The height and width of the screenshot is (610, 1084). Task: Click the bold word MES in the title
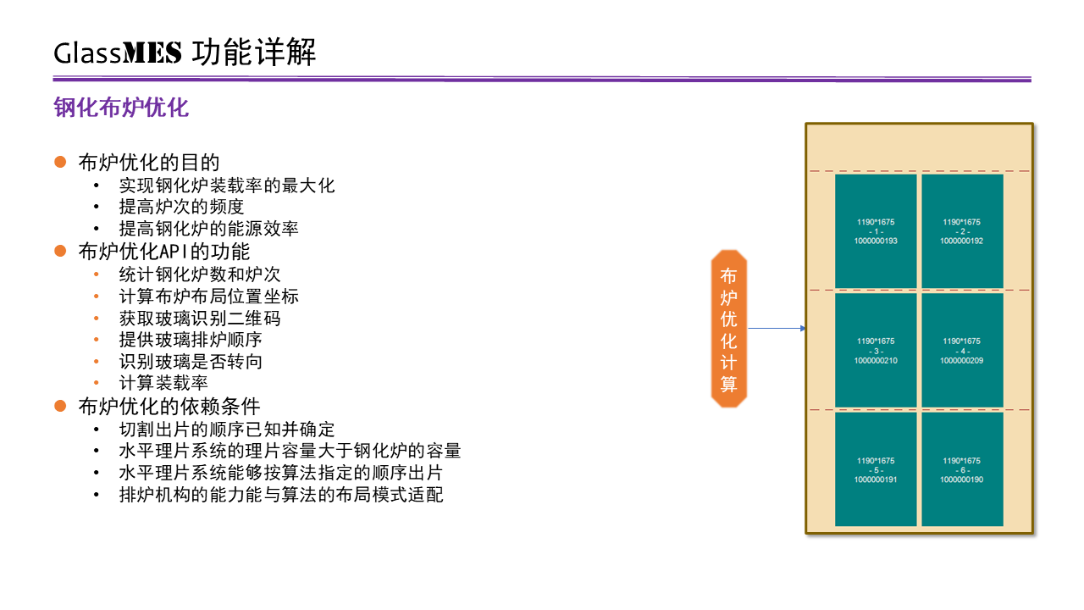[152, 53]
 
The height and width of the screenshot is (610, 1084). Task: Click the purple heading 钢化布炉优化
[121, 108]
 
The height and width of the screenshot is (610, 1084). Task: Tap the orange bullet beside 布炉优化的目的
[60, 162]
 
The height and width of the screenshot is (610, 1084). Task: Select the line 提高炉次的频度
[181, 207]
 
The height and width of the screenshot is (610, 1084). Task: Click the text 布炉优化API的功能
[164, 252]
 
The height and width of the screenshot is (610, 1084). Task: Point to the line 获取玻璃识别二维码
[200, 319]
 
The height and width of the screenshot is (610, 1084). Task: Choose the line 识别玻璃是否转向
[191, 362]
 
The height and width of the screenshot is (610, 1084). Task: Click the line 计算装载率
[163, 383]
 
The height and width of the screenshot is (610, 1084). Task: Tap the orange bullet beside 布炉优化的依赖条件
[60, 406]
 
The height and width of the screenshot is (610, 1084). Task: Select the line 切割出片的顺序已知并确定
[227, 430]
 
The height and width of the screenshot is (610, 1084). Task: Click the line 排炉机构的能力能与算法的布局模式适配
[281, 495]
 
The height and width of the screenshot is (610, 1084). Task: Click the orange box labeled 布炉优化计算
[729, 329]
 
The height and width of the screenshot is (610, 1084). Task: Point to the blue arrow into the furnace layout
[777, 328]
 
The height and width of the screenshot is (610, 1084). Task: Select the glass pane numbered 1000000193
[876, 231]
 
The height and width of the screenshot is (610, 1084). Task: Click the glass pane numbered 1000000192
[962, 231]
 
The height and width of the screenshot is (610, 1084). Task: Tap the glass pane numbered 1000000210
[876, 351]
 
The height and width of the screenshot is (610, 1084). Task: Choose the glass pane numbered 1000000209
[962, 351]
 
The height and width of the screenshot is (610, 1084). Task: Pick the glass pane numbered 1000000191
[876, 469]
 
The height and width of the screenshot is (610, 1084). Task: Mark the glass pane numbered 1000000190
[962, 469]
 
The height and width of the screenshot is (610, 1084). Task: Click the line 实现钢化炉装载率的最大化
[227, 186]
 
